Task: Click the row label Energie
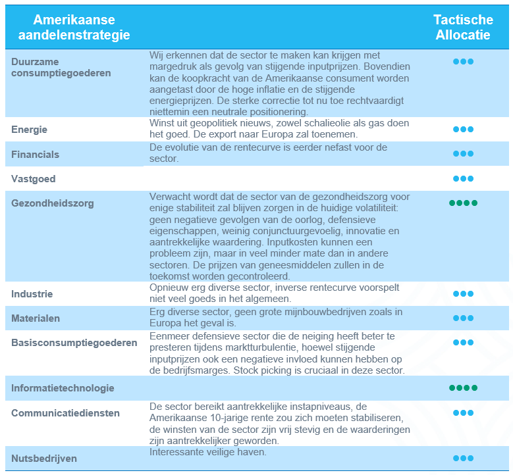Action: (29, 130)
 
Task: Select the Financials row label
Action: (35, 155)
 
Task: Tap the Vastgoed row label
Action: (33, 179)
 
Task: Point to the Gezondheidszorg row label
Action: (52, 203)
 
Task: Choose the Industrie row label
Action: (32, 294)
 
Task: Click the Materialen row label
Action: (36, 318)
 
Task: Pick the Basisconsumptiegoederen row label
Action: (74, 342)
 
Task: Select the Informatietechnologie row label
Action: (63, 388)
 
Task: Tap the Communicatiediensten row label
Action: (65, 413)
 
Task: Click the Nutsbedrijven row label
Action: (43, 458)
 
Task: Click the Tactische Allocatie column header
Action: (463, 28)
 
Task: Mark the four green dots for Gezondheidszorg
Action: (463, 203)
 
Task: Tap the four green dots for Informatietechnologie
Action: (463, 388)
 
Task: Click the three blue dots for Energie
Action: (463, 130)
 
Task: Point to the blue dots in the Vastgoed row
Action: (463, 179)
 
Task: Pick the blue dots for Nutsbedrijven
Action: (463, 458)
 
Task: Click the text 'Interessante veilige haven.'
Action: (207, 453)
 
